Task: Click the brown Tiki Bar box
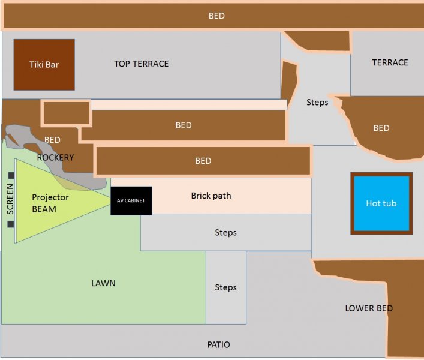(x=44, y=65)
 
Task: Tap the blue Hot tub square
(x=381, y=204)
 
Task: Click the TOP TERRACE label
(x=142, y=64)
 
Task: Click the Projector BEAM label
(x=50, y=203)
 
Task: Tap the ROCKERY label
(x=55, y=157)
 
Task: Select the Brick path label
(x=211, y=196)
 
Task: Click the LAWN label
(x=104, y=283)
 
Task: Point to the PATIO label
(x=218, y=345)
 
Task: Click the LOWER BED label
(x=369, y=308)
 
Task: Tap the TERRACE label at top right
(x=390, y=62)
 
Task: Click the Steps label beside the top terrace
(x=317, y=103)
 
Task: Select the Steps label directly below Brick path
(x=225, y=233)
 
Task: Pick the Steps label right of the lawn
(x=225, y=288)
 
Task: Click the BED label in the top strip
(x=216, y=16)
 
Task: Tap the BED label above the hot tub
(x=381, y=128)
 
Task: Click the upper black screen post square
(x=11, y=175)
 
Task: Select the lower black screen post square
(x=11, y=224)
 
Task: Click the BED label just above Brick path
(x=203, y=161)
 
